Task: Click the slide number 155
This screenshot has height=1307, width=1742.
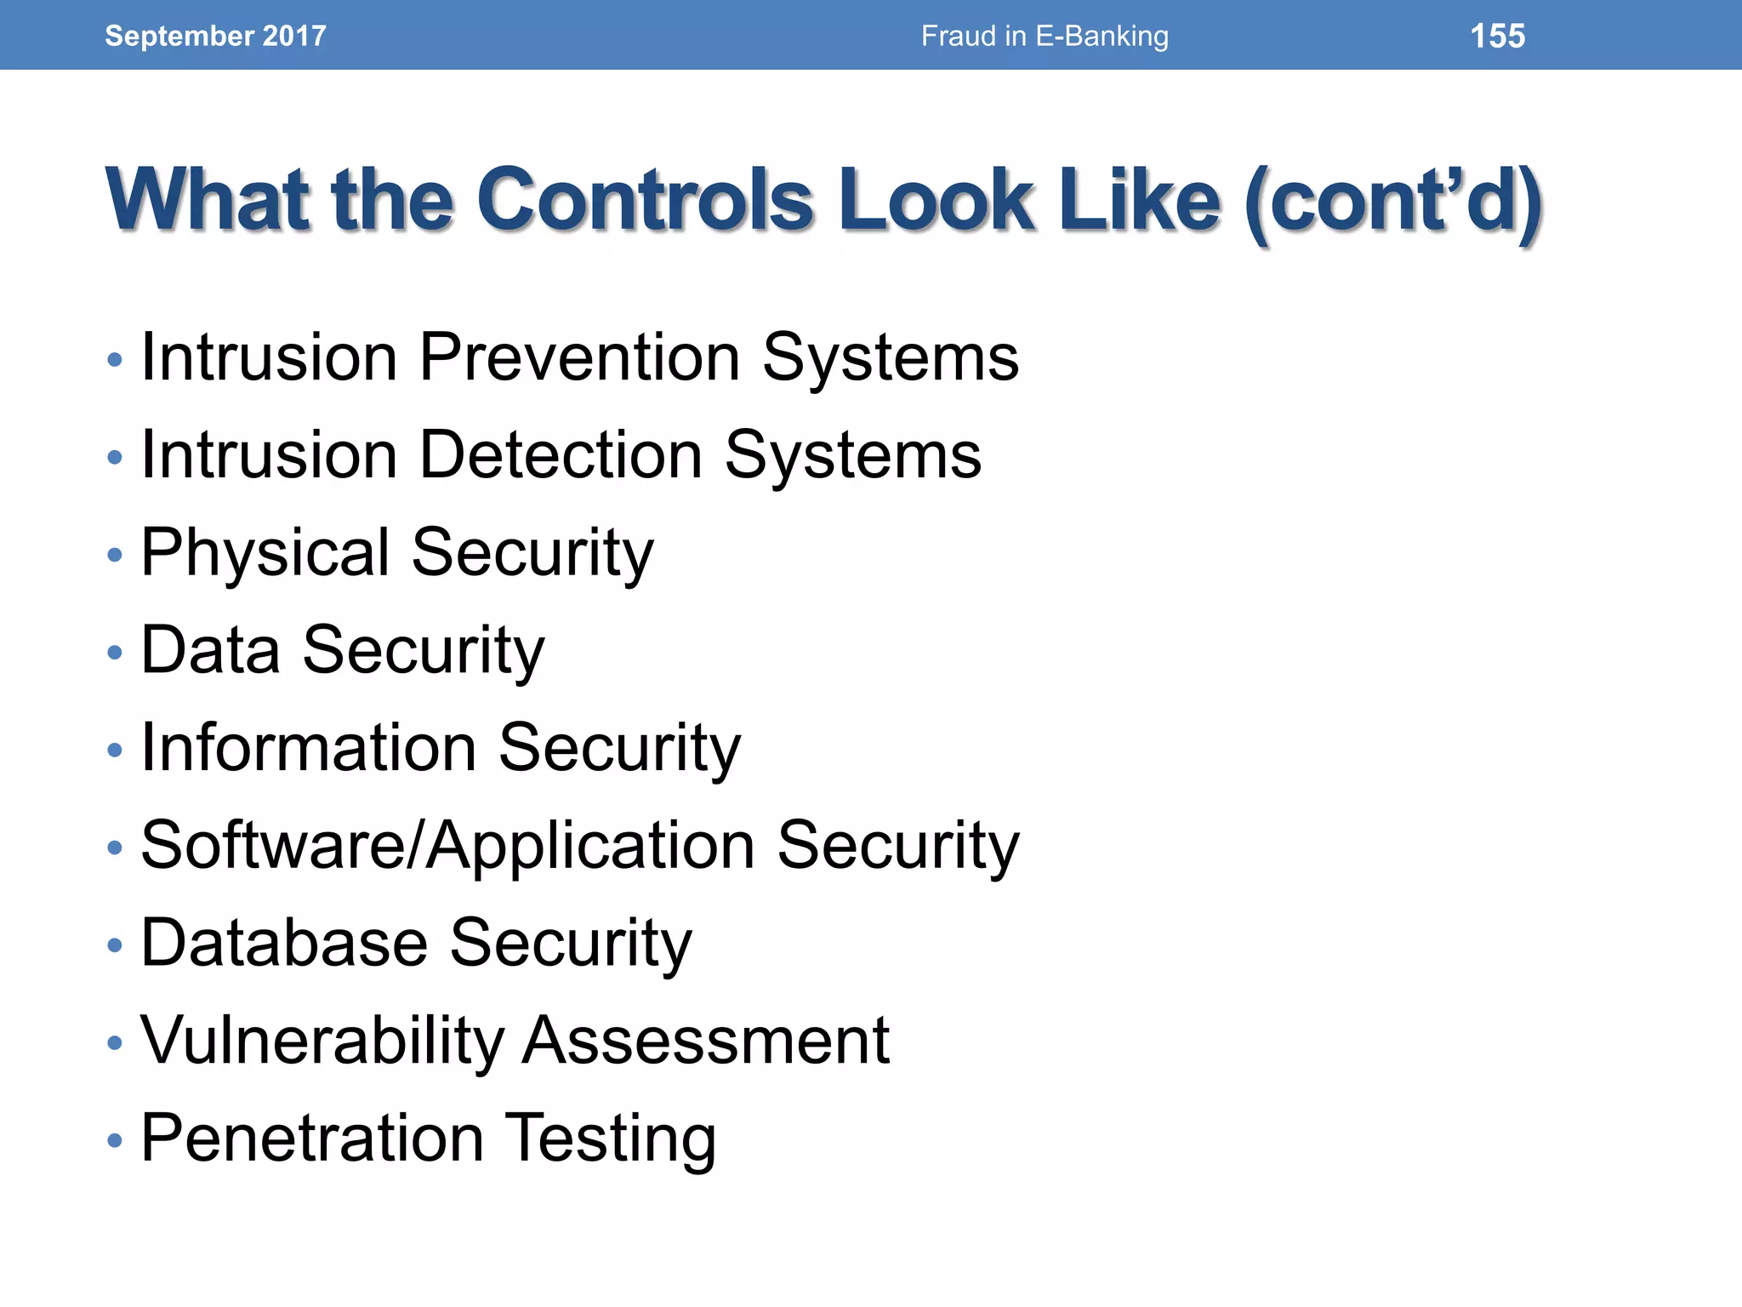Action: [1497, 36]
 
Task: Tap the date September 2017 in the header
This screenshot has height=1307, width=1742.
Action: [215, 36]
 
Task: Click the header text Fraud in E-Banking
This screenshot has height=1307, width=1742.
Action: [1045, 36]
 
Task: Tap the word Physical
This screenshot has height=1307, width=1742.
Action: [265, 553]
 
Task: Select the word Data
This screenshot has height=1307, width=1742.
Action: [210, 650]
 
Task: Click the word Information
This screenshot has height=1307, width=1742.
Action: [308, 748]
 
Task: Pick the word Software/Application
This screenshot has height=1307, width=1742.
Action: [447, 846]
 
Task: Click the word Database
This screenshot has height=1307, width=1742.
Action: [283, 943]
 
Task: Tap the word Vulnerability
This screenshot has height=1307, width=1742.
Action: [322, 1041]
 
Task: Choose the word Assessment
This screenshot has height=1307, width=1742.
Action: [705, 1041]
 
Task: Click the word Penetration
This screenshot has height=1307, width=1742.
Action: [312, 1139]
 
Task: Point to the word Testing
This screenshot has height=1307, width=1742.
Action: [612, 1139]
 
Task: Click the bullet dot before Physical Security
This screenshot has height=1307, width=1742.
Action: [116, 556]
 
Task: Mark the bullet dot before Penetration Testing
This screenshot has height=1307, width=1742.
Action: [116, 1140]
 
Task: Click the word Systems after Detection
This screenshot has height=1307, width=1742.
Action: [852, 455]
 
